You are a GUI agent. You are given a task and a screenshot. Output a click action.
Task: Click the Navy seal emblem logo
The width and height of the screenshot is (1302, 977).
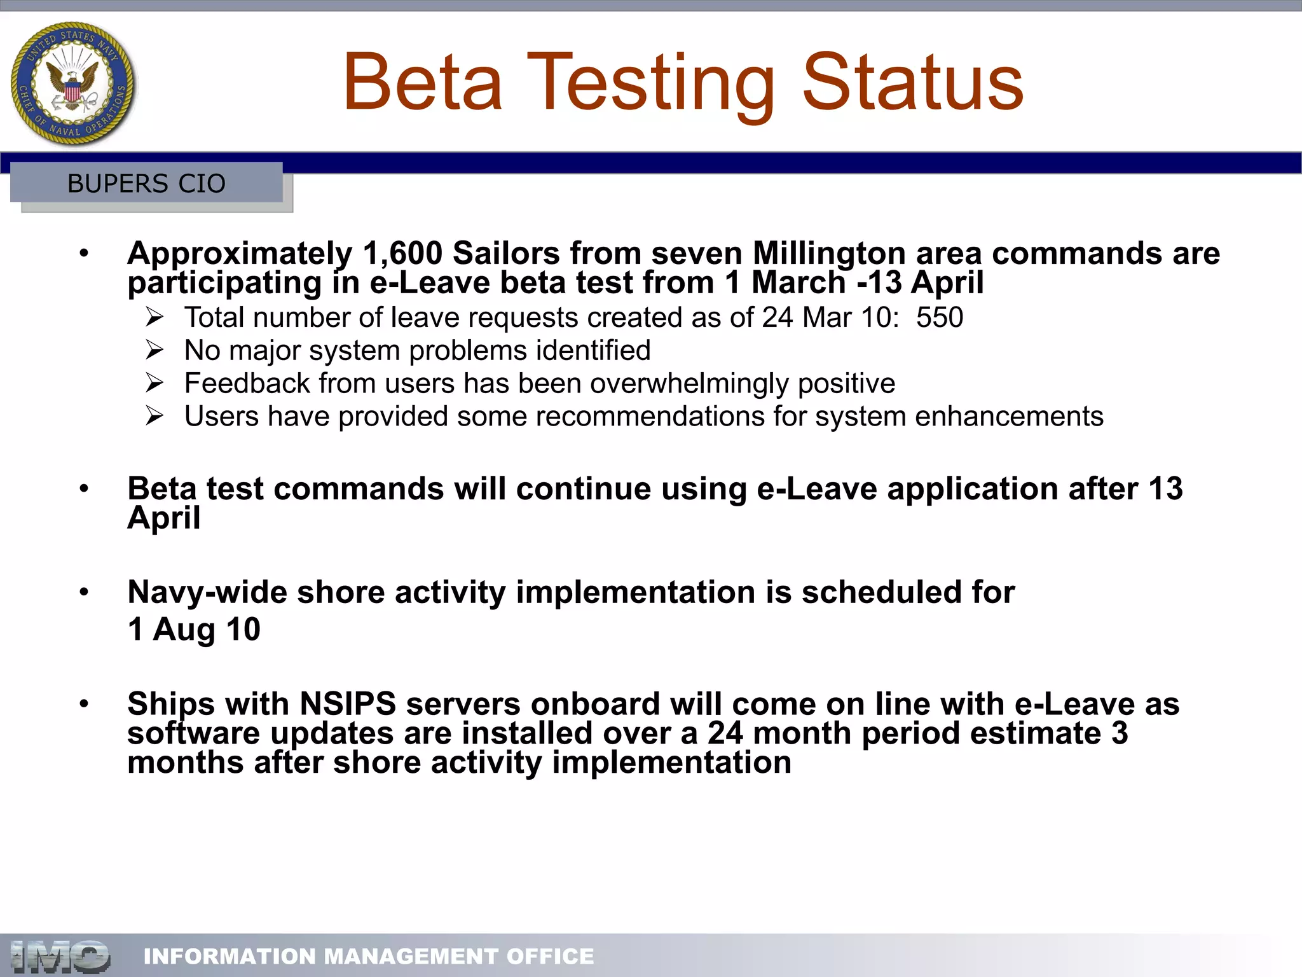[73, 83]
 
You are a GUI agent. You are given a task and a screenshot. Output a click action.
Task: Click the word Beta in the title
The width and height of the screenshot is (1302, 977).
[423, 83]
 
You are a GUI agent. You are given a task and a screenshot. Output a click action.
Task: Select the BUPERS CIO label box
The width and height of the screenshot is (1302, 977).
[146, 183]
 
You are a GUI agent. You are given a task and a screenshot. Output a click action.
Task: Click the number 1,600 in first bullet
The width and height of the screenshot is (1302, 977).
[402, 253]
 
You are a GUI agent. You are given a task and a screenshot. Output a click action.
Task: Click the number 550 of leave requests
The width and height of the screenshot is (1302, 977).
[939, 317]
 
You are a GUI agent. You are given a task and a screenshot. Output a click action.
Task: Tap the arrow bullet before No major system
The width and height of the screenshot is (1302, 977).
[154, 350]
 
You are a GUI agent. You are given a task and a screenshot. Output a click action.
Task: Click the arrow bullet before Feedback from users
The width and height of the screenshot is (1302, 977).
[154, 383]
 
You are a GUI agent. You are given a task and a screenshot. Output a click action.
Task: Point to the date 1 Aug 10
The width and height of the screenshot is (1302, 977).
[194, 629]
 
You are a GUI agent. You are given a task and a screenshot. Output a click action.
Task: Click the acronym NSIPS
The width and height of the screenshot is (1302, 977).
[348, 704]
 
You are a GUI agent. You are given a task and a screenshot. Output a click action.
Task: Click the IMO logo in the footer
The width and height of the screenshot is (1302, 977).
[60, 956]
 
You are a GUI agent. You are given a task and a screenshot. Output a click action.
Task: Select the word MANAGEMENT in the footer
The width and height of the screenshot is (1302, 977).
[411, 956]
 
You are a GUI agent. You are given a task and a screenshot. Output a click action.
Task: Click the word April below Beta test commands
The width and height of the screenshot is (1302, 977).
[163, 518]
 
